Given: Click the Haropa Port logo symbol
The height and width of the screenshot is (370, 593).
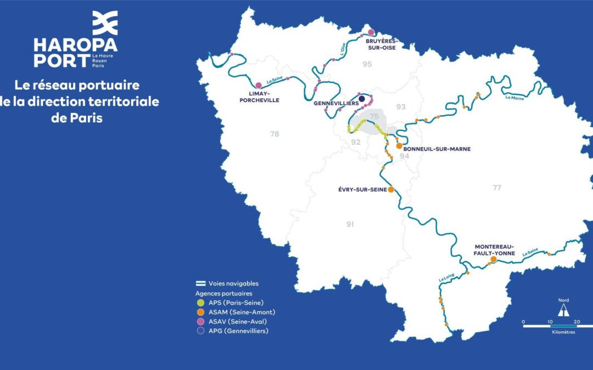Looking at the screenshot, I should [104, 23].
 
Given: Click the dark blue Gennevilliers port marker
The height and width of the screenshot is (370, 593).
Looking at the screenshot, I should [362, 99].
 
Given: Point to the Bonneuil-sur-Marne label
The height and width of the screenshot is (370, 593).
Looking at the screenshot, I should [437, 149].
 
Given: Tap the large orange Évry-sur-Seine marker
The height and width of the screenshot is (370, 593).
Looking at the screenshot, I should [391, 190].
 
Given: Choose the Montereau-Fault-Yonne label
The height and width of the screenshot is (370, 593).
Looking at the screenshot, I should [494, 250].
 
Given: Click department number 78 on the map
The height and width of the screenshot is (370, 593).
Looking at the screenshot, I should [275, 134].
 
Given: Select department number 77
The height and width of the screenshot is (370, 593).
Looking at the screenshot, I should [497, 188].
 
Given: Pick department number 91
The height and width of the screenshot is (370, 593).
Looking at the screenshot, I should [350, 224].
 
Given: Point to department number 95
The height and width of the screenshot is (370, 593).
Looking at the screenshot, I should [367, 65].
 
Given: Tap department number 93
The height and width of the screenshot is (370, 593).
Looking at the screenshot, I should [401, 107].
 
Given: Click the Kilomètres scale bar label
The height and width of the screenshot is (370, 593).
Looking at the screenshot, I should [564, 332].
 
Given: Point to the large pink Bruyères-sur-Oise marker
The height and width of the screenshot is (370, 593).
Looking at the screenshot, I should [371, 32].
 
